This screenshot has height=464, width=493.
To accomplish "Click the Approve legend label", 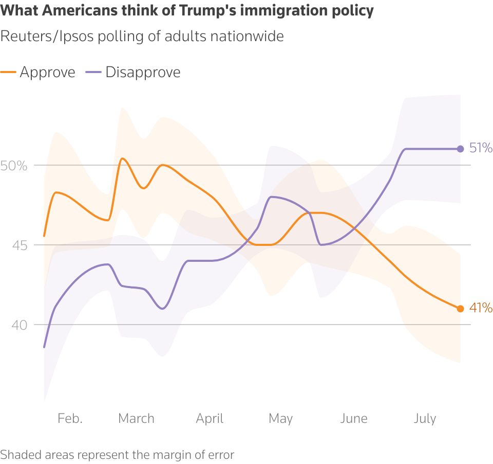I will [47, 72].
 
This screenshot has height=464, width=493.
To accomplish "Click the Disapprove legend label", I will [143, 72].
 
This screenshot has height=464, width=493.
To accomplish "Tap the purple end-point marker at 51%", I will [460, 149].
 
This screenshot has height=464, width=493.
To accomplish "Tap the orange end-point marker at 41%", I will [460, 309].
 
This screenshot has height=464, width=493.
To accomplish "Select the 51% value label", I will [481, 149].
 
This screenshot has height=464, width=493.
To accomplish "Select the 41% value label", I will [481, 309].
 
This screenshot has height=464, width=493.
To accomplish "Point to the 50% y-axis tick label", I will [14, 166].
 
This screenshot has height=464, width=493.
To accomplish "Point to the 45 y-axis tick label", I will [19, 245].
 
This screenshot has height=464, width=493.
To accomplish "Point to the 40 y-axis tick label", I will [19, 325].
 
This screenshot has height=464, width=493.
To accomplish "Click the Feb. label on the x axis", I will [70, 419].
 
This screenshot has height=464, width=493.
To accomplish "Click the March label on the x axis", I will [136, 419].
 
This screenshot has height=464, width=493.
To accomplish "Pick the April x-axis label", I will [210, 419].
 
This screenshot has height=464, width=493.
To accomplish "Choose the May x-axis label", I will [280, 419].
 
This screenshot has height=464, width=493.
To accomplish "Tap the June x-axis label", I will [353, 419].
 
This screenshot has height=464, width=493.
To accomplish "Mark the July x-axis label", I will [425, 419].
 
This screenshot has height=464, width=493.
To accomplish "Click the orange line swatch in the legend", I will [7, 73].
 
